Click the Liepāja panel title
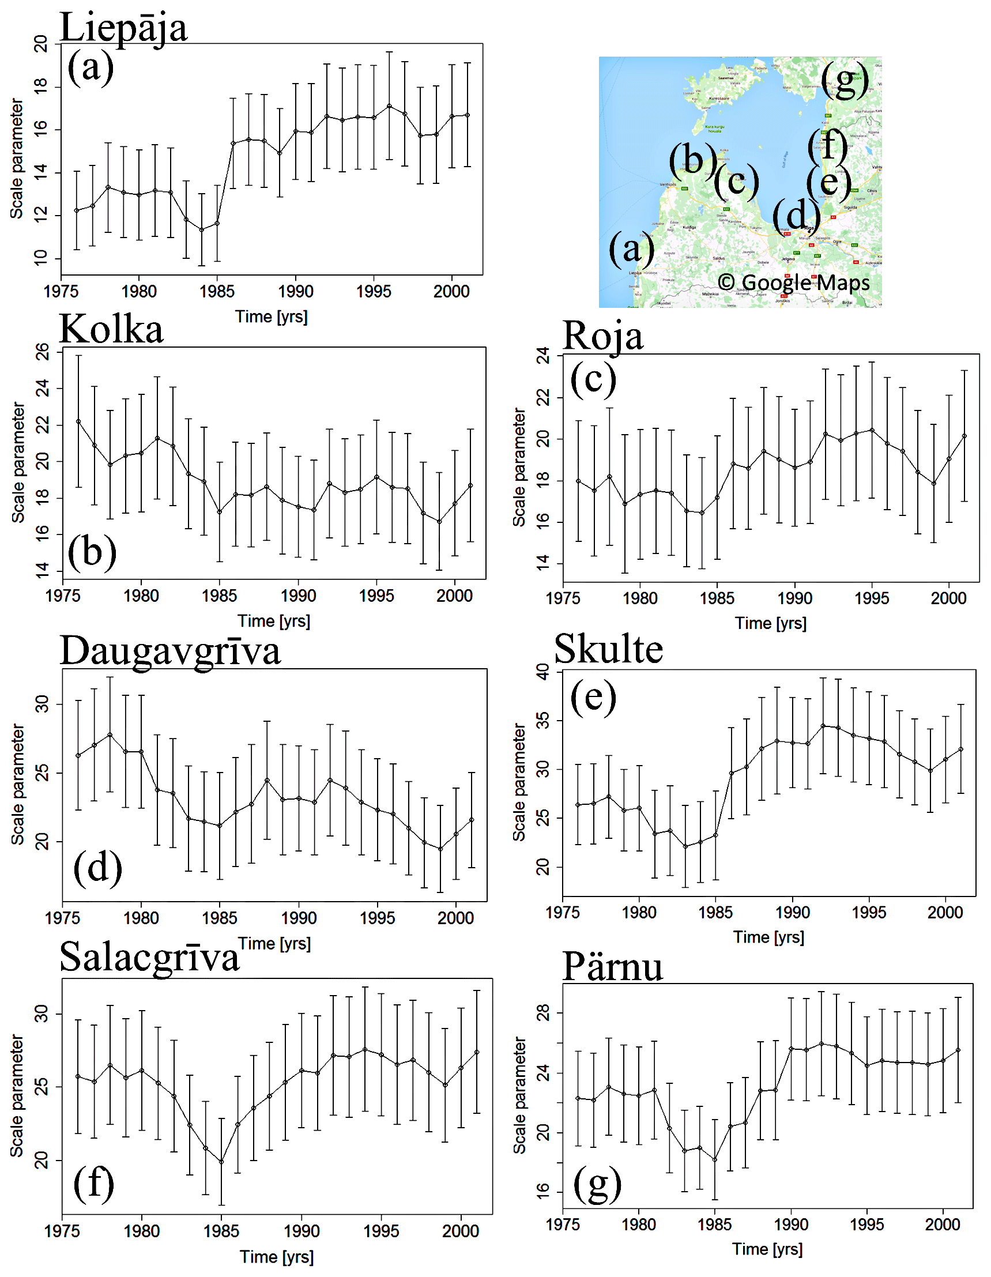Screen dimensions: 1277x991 click(x=123, y=27)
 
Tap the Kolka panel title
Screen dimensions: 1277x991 click(x=111, y=330)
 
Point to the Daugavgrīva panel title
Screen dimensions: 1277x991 click(x=170, y=651)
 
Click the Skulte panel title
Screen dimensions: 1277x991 click(x=608, y=649)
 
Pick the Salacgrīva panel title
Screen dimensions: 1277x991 click(x=150, y=958)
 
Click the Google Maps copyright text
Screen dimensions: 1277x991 click(x=793, y=282)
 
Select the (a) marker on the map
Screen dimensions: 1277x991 click(x=631, y=248)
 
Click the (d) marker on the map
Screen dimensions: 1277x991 click(x=796, y=216)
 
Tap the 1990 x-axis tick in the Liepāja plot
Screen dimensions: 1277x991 click(x=295, y=291)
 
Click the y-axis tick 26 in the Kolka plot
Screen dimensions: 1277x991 click(x=42, y=352)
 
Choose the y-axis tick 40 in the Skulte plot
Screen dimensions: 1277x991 click(x=542, y=672)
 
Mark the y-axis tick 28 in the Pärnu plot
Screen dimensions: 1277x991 click(x=542, y=1012)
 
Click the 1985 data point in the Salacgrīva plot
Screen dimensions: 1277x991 click(x=221, y=1162)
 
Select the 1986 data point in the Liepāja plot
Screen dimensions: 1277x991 click(x=233, y=143)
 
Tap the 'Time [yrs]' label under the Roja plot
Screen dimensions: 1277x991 click(x=771, y=623)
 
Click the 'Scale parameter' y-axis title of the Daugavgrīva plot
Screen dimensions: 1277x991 click(x=18, y=785)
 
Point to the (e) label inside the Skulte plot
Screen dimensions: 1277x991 click(x=593, y=696)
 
